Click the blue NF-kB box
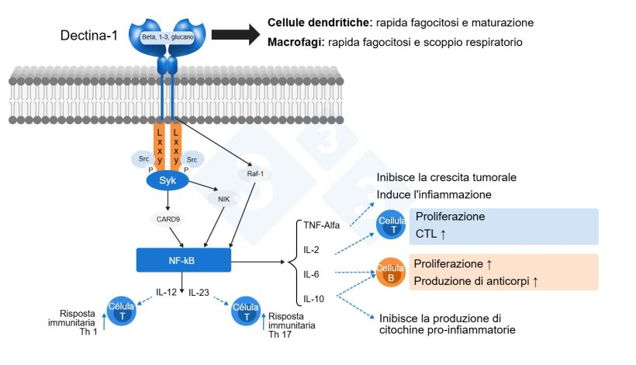183,259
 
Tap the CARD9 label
168,218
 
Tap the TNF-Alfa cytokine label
322,226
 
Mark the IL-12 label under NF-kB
166,293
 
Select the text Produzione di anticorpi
472,280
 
